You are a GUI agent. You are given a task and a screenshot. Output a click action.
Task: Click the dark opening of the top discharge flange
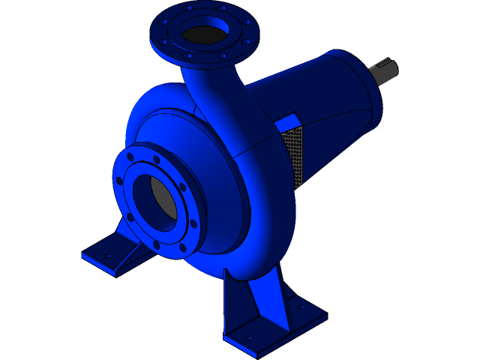[203, 34]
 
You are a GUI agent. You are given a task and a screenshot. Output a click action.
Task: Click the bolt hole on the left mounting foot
[107, 256]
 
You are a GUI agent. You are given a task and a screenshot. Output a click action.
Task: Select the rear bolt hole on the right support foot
[303, 307]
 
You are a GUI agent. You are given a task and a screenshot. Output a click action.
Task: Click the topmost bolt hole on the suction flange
[156, 159]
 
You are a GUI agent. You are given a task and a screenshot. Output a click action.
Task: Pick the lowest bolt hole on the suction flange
[156, 244]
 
